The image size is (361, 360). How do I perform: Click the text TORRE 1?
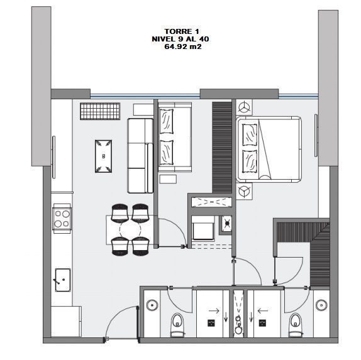pyautogui.click(x=181, y=31)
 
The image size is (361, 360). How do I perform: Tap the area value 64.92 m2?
pyautogui.click(x=183, y=46)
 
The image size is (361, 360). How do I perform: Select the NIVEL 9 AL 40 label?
pyautogui.click(x=181, y=39)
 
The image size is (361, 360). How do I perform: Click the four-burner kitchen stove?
pyautogui.click(x=62, y=219)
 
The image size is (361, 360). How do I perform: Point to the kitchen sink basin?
pyautogui.click(x=63, y=280)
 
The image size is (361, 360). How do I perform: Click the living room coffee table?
pyautogui.click(x=103, y=156)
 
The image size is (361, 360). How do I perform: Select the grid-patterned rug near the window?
pyautogui.click(x=100, y=111)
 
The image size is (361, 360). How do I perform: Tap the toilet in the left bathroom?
pyautogui.click(x=177, y=324)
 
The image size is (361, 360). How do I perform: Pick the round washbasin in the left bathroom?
pyautogui.click(x=152, y=305)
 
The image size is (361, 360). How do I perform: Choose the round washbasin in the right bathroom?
pyautogui.click(x=321, y=305)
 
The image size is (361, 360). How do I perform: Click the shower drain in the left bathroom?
pyautogui.click(x=211, y=323)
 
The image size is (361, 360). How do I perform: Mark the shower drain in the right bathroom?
pyautogui.click(x=262, y=323)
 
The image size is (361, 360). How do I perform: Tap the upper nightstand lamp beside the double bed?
pyautogui.click(x=244, y=107)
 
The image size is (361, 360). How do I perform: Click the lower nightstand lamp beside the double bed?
pyautogui.click(x=244, y=191)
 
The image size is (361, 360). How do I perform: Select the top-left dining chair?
pyautogui.click(x=119, y=213)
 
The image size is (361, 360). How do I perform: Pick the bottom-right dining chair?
pyautogui.click(x=140, y=246)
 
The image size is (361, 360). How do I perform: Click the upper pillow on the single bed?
pyautogui.click(x=166, y=121)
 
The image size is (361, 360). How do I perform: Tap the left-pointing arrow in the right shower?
pyautogui.click(x=262, y=311)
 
